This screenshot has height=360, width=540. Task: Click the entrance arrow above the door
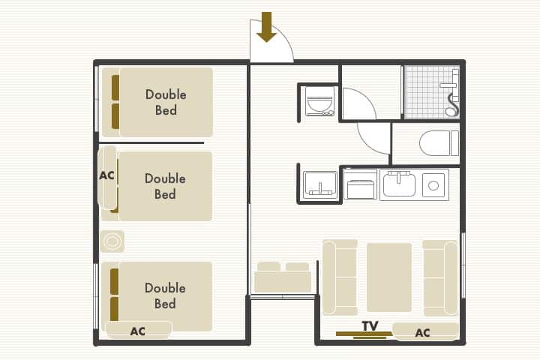[x=266, y=27]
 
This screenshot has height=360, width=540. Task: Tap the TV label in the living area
[x=370, y=326]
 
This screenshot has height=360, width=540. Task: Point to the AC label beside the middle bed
[x=106, y=175]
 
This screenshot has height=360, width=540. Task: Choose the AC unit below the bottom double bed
[x=138, y=330]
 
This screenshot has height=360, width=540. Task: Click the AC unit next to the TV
[x=425, y=331]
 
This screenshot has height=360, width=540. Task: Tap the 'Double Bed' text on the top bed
[x=166, y=102]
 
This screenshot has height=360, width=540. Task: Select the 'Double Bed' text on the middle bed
[x=165, y=186]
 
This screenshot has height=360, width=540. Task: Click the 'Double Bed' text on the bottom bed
[x=165, y=295]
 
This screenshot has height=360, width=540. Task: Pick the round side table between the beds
[x=112, y=241]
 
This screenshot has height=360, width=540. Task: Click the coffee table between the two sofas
[x=389, y=277]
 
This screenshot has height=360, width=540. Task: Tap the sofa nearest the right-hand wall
[x=440, y=277]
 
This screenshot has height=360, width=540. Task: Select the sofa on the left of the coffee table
[x=340, y=277]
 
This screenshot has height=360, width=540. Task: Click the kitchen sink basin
[x=399, y=184]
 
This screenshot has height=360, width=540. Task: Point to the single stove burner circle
[x=433, y=185]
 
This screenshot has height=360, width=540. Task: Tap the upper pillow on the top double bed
[x=115, y=88]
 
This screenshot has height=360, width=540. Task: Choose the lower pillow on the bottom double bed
[x=114, y=310]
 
